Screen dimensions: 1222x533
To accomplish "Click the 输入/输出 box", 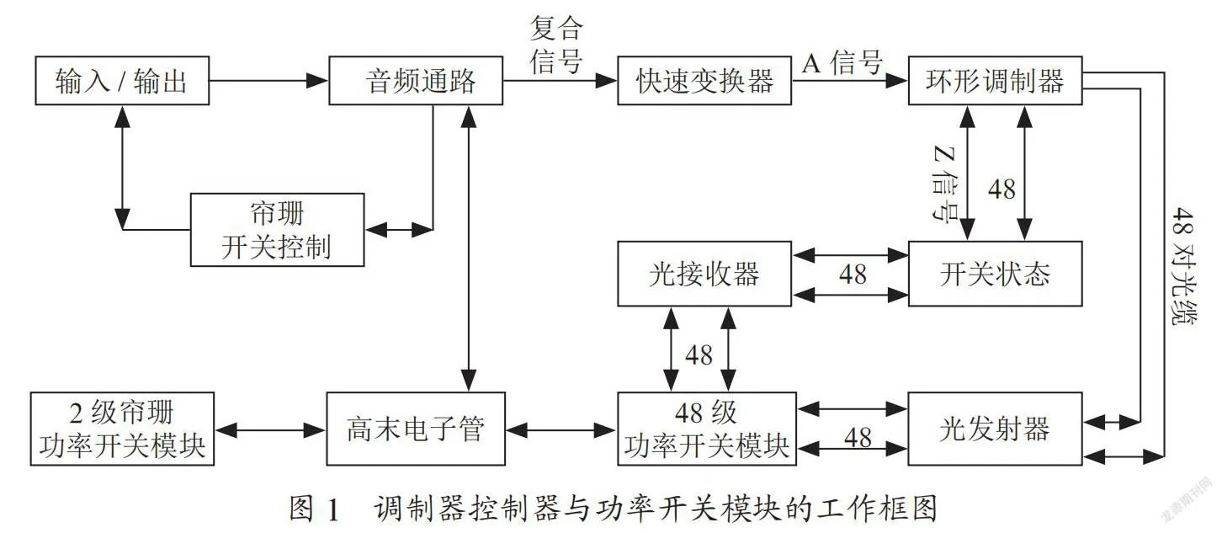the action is click(x=122, y=81).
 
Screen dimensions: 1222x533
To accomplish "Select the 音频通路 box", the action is click(x=416, y=81).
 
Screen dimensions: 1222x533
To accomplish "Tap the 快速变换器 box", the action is click(x=704, y=81).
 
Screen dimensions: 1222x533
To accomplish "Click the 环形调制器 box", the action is click(x=995, y=81).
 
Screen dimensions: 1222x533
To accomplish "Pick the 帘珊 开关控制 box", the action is click(x=277, y=230).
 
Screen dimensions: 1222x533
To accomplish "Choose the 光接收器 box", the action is click(x=704, y=274).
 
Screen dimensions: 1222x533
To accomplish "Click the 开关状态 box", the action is click(x=995, y=274).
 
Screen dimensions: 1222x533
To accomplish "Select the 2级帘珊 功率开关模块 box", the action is click(x=122, y=429).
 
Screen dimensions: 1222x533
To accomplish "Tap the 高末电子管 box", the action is click(x=416, y=429).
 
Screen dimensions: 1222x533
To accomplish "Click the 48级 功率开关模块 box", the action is click(x=706, y=429).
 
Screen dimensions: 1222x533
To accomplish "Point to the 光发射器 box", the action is click(x=995, y=429).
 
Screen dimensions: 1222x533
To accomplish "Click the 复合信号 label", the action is click(x=556, y=45).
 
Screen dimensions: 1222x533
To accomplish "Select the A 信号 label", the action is click(x=842, y=63).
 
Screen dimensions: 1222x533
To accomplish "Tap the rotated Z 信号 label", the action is click(x=944, y=184).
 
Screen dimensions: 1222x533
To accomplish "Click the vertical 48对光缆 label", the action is click(x=1182, y=266).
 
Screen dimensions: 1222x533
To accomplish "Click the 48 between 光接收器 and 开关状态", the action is click(x=853, y=274).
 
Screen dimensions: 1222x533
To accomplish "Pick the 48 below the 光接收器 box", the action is click(x=699, y=355).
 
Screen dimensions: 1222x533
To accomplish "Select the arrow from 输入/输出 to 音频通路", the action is click(x=268, y=81).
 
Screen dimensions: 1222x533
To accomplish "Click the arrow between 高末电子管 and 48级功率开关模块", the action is click(x=561, y=430).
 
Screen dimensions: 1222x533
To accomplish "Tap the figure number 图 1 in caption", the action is click(x=314, y=509).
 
